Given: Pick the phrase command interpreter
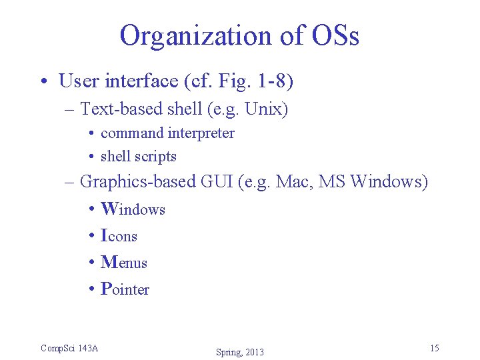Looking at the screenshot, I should pyautogui.click(x=167, y=133).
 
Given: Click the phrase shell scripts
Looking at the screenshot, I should pyautogui.click(x=138, y=157).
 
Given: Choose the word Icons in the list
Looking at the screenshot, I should pyautogui.click(x=119, y=236).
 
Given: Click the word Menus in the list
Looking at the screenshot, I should pyautogui.click(x=124, y=263).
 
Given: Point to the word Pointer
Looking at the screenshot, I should pyautogui.click(x=125, y=289).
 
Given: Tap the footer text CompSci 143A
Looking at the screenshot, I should pyautogui.click(x=69, y=348).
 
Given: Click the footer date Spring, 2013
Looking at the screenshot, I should pyautogui.click(x=240, y=352).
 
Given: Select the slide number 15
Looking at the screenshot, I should pyautogui.click(x=434, y=348).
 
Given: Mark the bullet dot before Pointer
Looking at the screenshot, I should pyautogui.click(x=91, y=290).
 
